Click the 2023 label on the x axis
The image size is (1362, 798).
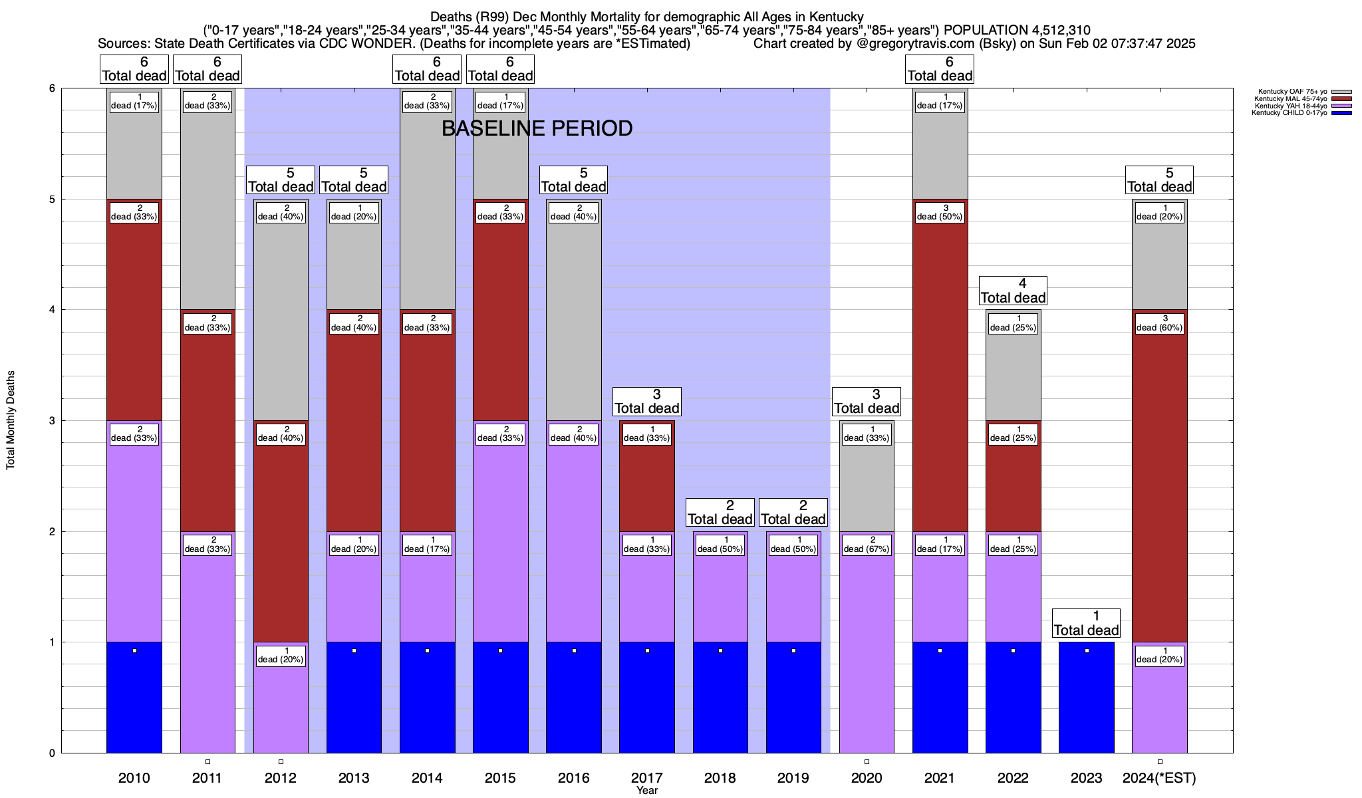(1086, 778)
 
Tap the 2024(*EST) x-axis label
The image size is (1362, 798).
(1159, 778)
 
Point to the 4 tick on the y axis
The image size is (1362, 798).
(51, 310)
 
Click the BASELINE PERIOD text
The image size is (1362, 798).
(537, 128)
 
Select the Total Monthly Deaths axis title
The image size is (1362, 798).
(11, 420)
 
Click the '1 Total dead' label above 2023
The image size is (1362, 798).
(1086, 623)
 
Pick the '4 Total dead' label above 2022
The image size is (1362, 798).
(1013, 291)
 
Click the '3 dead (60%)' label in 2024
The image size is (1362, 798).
(1159, 323)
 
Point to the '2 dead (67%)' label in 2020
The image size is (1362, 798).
(867, 545)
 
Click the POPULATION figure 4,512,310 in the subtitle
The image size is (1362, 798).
(1052, 30)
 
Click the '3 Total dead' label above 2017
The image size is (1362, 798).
(646, 402)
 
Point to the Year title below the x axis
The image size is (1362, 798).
(646, 791)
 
